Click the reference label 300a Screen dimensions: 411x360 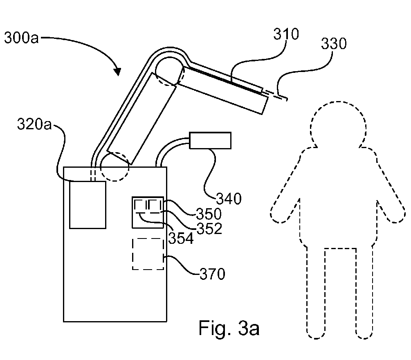(x=22, y=38)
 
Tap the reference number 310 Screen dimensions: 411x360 (x=286, y=34)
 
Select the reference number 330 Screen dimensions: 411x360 (x=334, y=43)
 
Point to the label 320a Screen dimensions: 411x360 (x=34, y=124)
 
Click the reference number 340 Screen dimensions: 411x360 (x=229, y=198)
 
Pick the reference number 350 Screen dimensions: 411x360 (x=209, y=214)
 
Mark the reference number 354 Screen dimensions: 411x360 (x=181, y=239)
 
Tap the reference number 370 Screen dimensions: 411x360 (x=212, y=274)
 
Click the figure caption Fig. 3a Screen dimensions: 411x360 (x=229, y=328)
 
